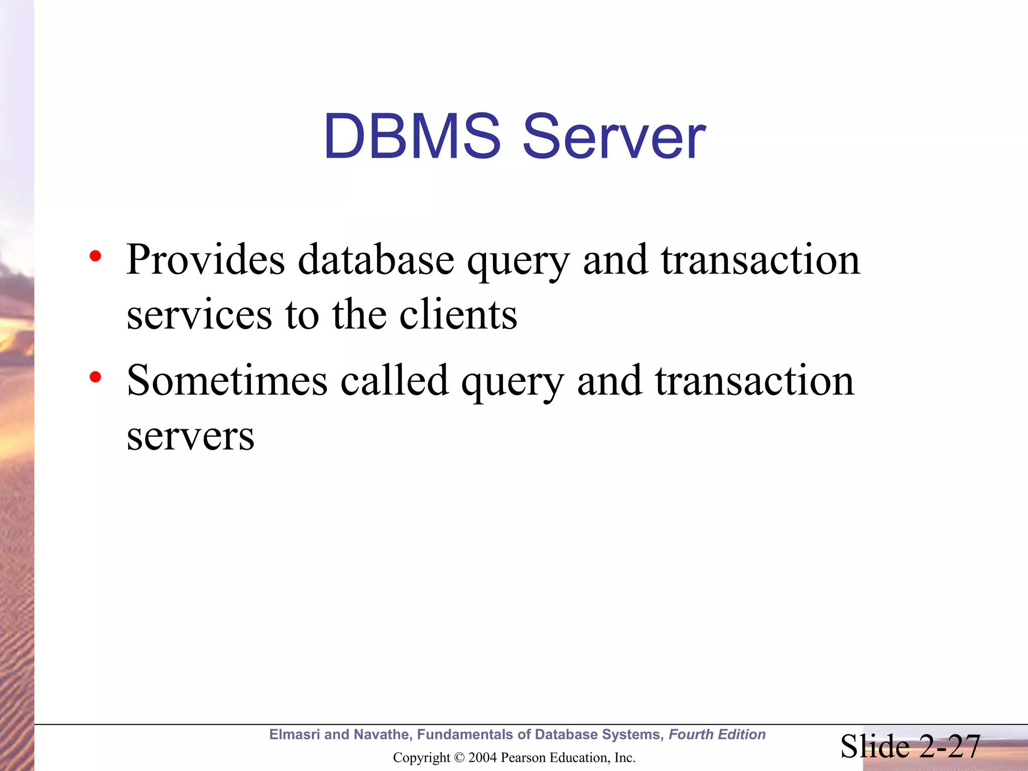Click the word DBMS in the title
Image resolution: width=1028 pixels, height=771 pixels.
412,137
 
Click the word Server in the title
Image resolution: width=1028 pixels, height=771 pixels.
614,137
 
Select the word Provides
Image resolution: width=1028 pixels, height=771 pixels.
205,260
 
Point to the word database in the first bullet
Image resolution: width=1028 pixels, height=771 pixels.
376,260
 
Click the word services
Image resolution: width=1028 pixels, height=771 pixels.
199,315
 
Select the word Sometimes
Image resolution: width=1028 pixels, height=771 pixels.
227,380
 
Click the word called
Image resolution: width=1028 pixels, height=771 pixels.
395,380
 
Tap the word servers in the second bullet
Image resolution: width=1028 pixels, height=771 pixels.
190,436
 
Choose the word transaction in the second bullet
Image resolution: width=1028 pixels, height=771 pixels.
754,380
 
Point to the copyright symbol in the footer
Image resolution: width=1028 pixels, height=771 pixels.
459,757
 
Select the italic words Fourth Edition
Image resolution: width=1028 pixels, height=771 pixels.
717,734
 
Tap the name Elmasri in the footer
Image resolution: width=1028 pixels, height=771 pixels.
295,734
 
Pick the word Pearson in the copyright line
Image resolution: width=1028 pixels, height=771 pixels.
523,757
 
